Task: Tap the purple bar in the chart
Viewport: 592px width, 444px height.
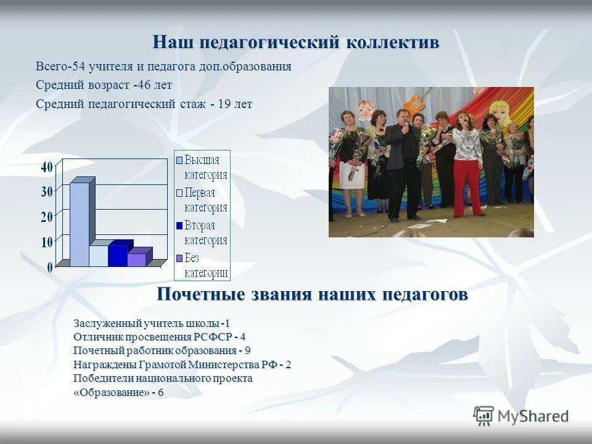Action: click(x=137, y=259)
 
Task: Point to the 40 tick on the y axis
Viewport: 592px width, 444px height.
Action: click(x=47, y=166)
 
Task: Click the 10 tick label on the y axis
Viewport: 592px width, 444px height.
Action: click(x=47, y=242)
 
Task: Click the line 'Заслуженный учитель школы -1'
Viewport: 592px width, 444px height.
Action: click(x=152, y=323)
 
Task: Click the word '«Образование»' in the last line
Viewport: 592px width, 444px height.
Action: click(x=111, y=393)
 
